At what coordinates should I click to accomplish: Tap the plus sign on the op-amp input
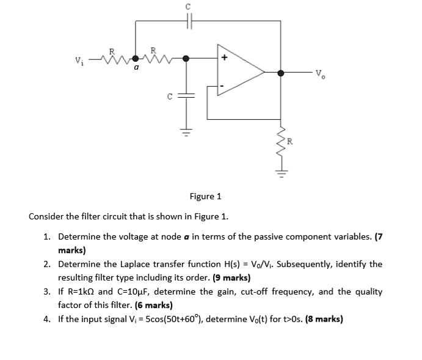pos(225,59)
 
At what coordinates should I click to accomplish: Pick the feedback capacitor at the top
pos(189,22)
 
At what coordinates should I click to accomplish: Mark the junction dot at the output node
pos(281,73)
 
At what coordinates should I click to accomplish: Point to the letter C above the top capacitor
pos(189,6)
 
